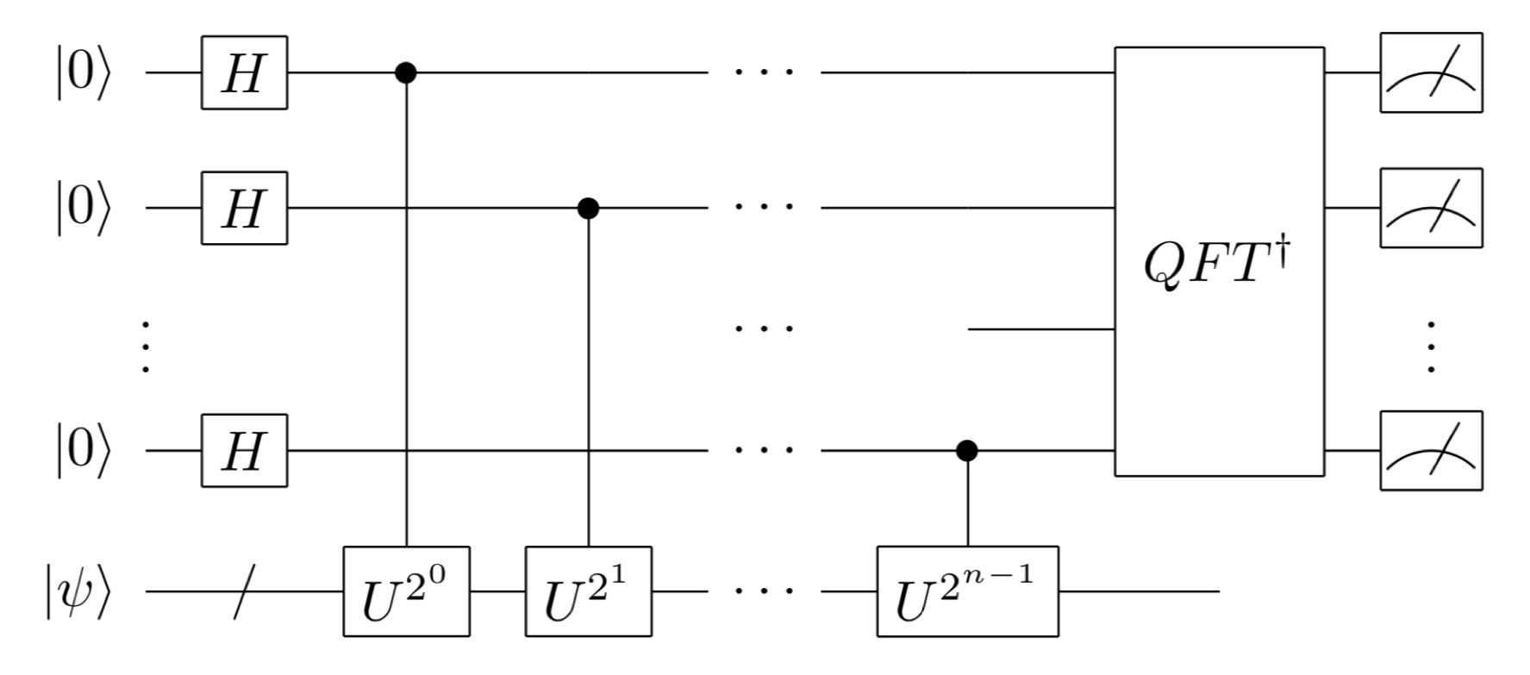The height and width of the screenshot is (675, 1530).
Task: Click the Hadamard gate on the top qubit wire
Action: tap(244, 72)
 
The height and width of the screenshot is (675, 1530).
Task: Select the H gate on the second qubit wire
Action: tap(244, 208)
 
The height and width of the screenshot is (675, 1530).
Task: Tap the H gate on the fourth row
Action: tap(244, 450)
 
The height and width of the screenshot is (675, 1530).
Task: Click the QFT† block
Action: tap(1219, 261)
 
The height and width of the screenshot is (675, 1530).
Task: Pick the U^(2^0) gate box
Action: tap(406, 591)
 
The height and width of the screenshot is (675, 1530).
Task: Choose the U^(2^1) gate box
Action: tap(588, 591)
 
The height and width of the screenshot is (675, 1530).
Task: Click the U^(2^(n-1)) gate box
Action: tap(967, 591)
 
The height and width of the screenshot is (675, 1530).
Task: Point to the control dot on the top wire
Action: tap(406, 72)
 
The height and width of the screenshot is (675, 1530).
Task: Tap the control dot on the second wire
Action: tap(588, 208)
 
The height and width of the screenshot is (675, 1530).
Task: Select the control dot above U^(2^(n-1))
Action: tap(967, 450)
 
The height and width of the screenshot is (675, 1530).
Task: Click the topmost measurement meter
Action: tap(1431, 72)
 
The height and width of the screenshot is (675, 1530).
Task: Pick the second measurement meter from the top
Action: tap(1431, 208)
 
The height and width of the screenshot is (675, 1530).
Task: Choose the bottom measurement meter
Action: tap(1431, 450)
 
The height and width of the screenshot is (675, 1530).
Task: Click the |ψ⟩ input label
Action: tap(78, 591)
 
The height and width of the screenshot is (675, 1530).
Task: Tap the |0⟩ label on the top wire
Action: tap(83, 74)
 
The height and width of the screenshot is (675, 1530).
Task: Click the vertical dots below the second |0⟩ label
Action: tap(146, 347)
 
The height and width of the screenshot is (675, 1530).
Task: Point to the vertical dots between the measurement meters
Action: tap(1431, 347)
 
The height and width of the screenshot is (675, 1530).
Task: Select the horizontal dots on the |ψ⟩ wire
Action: tap(764, 591)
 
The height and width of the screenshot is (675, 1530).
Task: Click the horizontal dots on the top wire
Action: tap(764, 72)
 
